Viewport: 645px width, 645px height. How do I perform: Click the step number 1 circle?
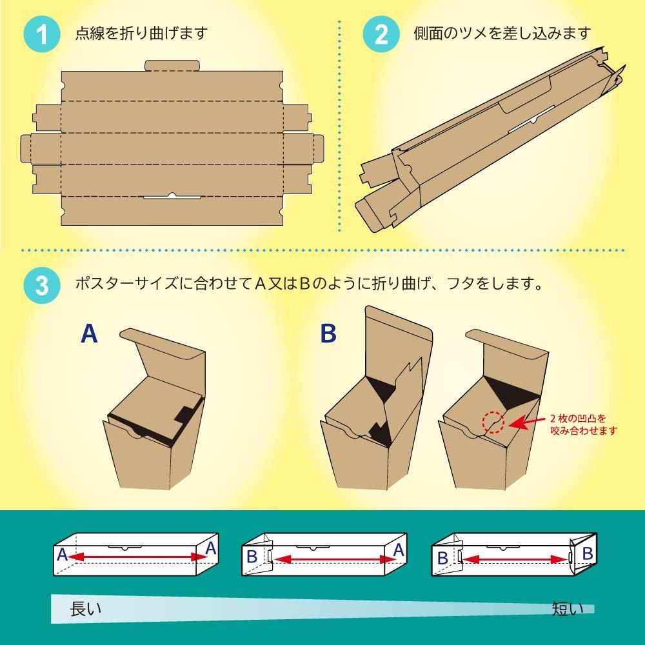pyautogui.click(x=43, y=34)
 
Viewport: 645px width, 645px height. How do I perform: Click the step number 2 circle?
pyautogui.click(x=381, y=34)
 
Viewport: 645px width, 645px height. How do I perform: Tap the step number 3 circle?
pyautogui.click(x=43, y=285)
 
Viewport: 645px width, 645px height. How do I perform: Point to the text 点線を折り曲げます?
pyautogui.click(x=141, y=34)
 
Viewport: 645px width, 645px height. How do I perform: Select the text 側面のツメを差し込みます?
pyautogui.click(x=502, y=34)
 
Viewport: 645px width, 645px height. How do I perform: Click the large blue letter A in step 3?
pyautogui.click(x=89, y=333)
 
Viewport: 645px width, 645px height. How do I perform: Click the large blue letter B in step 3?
pyautogui.click(x=328, y=333)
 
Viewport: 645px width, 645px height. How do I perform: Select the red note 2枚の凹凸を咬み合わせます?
pyautogui.click(x=584, y=424)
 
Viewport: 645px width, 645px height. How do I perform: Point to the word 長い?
pyautogui.click(x=86, y=610)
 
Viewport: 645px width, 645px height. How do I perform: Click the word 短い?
pyautogui.click(x=568, y=610)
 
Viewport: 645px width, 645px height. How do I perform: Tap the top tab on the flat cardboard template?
pyautogui.click(x=172, y=66)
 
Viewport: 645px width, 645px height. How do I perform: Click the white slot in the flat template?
pyautogui.click(x=172, y=196)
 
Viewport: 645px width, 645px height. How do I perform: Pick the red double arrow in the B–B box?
pyautogui.click(x=516, y=559)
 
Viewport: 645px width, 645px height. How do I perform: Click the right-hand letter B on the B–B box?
pyautogui.click(x=588, y=553)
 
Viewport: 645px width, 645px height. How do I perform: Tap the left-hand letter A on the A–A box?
pyautogui.click(x=62, y=555)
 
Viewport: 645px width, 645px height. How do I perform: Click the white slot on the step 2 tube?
pyautogui.click(x=531, y=119)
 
